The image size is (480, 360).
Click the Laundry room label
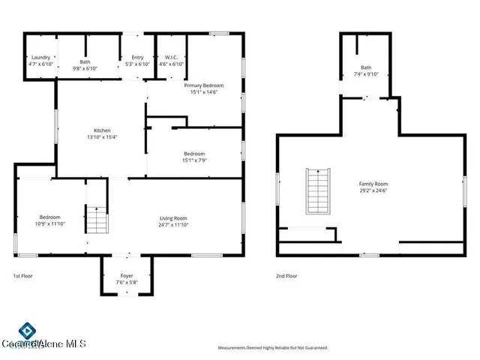pyautogui.click(x=39, y=58)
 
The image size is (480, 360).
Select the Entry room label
pyautogui.click(x=137, y=58)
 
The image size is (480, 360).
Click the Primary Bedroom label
pyautogui.click(x=204, y=85)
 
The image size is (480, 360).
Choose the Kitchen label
pyautogui.click(x=102, y=130)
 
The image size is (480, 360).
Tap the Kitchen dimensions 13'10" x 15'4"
pyautogui.click(x=102, y=136)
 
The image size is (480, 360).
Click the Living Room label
pyautogui.click(x=172, y=217)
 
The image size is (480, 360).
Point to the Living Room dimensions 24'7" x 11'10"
pyautogui.click(x=172, y=224)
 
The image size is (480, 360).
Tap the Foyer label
pyautogui.click(x=127, y=276)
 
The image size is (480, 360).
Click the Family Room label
pyautogui.click(x=373, y=184)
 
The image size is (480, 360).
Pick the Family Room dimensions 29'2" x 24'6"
pyautogui.click(x=373, y=190)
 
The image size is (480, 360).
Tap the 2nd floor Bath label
pyautogui.click(x=366, y=67)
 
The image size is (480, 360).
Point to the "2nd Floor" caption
pyautogui.click(x=286, y=276)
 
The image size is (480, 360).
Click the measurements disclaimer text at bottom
pyautogui.click(x=273, y=348)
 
